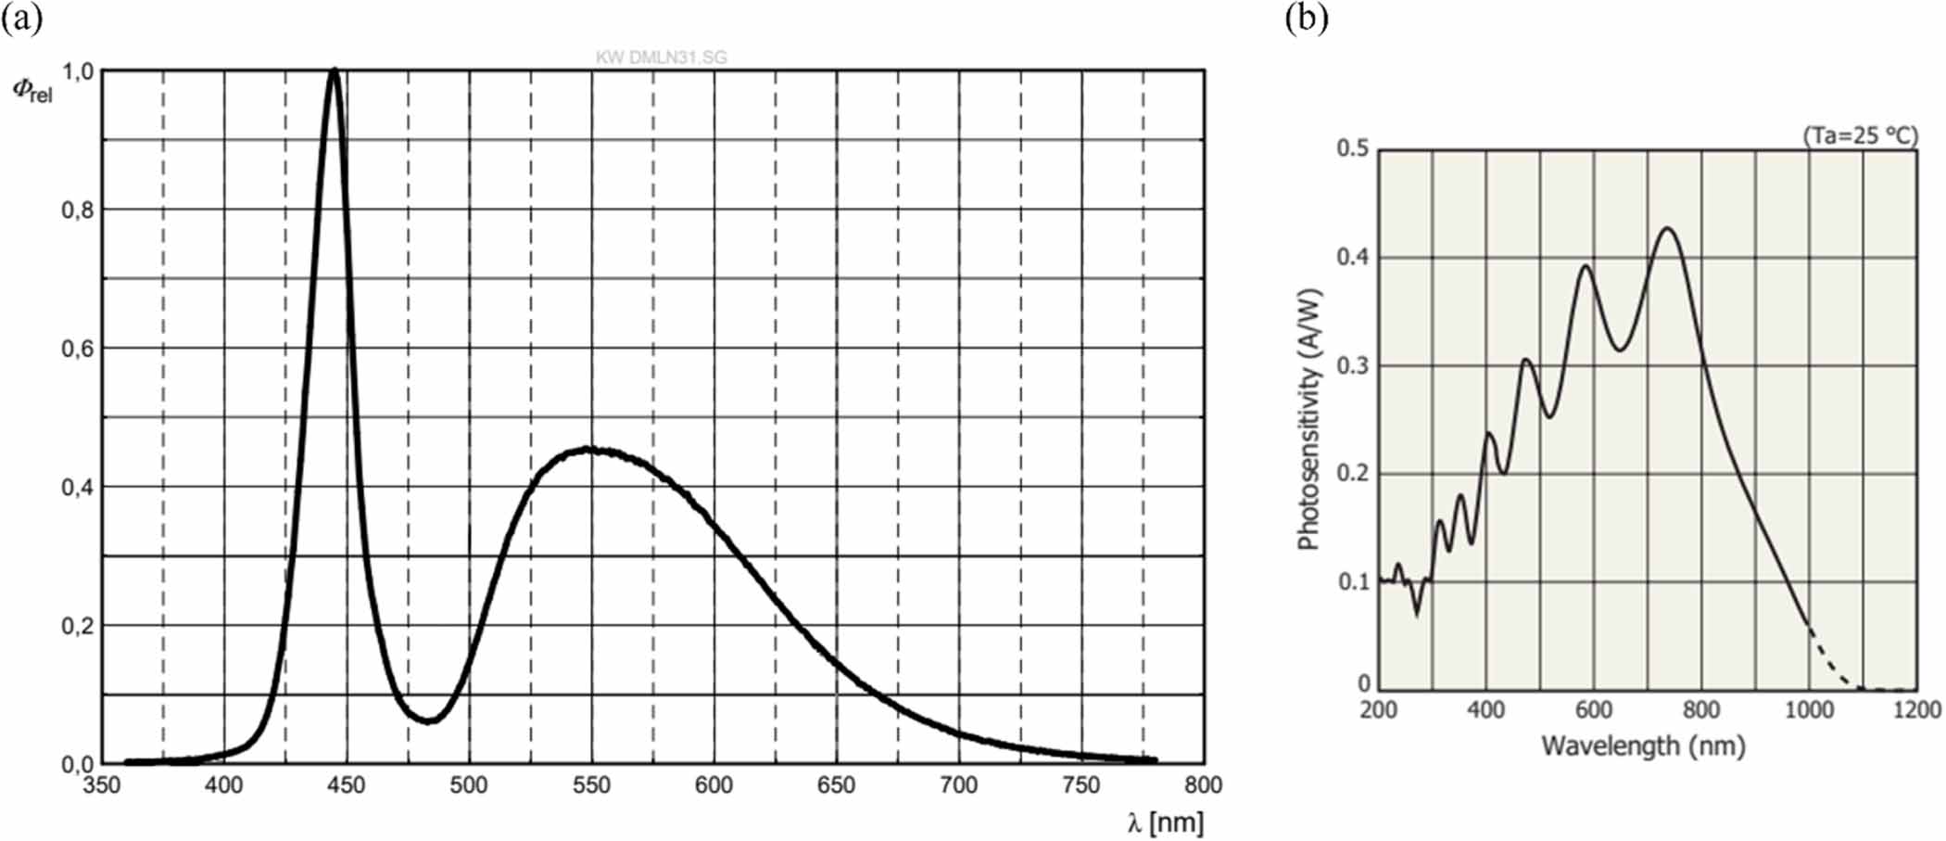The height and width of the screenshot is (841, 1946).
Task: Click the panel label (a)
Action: [21, 19]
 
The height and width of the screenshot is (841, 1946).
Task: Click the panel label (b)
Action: [1307, 19]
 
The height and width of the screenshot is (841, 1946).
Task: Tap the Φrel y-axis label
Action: [32, 90]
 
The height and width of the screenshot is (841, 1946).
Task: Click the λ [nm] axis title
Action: [1165, 822]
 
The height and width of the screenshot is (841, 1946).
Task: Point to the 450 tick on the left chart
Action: [347, 785]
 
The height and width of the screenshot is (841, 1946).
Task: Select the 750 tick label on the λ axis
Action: [1081, 785]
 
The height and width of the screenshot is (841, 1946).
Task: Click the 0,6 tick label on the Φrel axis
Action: [78, 349]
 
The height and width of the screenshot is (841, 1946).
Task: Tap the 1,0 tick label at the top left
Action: [78, 71]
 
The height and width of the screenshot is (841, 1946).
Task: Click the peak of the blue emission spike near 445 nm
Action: [335, 70]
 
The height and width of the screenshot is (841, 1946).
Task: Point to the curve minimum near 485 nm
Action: [429, 720]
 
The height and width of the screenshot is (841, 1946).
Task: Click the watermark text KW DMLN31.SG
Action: [661, 57]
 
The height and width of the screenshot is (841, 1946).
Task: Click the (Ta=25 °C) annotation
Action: [1860, 135]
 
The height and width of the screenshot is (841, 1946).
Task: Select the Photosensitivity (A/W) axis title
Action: [1308, 419]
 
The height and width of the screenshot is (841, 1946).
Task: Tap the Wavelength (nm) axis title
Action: [1643, 745]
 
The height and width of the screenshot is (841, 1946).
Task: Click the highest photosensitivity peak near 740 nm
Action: [1668, 228]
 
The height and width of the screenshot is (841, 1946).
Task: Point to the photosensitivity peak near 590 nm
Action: [1586, 267]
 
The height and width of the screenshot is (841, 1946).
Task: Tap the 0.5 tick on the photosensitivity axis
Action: [1353, 148]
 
